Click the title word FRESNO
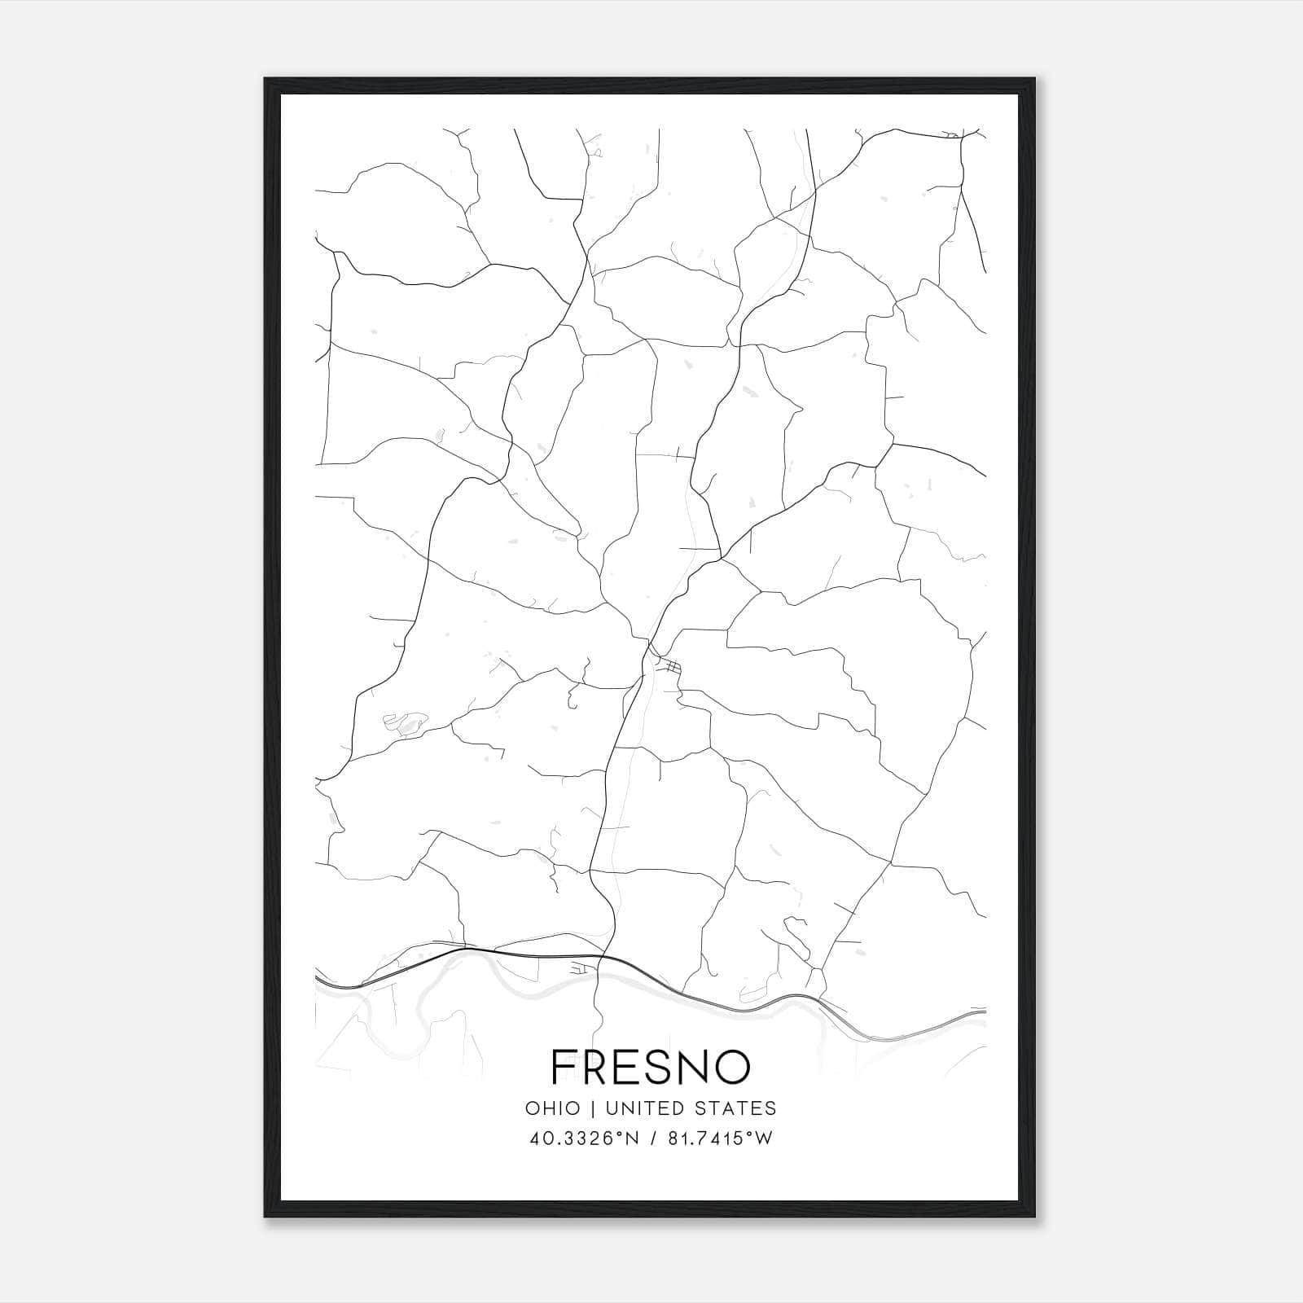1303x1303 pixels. coord(650,1067)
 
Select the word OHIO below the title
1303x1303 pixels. coord(552,1108)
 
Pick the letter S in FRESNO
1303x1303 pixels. coord(651,1067)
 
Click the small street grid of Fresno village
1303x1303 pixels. coord(672,668)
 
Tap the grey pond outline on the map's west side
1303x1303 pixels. coord(405,722)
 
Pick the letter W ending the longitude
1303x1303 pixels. coord(764,1138)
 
